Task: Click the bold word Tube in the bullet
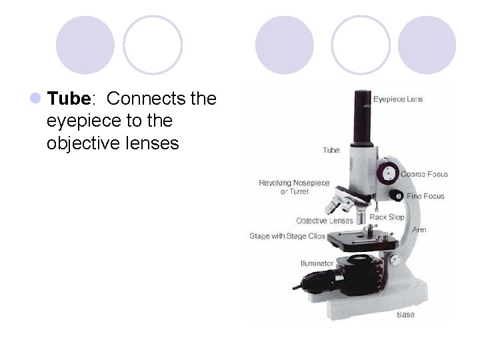click(x=69, y=99)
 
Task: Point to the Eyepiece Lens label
click(x=398, y=99)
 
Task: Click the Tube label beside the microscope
click(x=331, y=150)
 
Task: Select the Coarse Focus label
click(x=424, y=174)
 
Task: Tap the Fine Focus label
click(x=425, y=196)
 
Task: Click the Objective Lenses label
click(x=325, y=221)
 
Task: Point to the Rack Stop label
click(x=387, y=217)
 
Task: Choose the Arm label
click(x=419, y=230)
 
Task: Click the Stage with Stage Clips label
click(x=287, y=236)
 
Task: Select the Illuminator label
click(x=317, y=263)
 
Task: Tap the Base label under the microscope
click(x=405, y=314)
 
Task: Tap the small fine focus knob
click(x=396, y=195)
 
